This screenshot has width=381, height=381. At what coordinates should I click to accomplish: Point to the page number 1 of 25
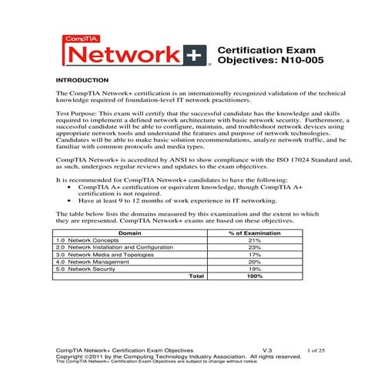[316, 350]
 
